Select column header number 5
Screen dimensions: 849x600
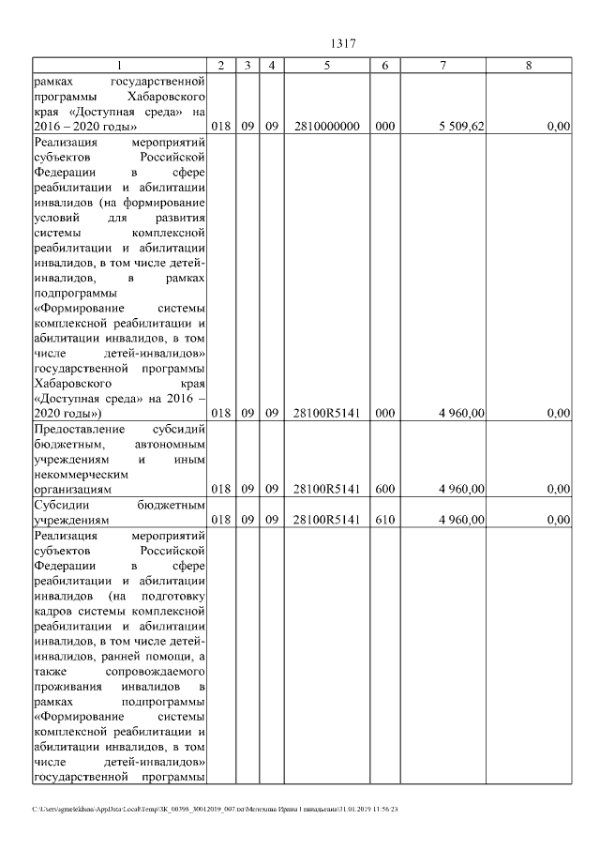pyautogui.click(x=326, y=66)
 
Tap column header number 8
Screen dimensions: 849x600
pyautogui.click(x=530, y=66)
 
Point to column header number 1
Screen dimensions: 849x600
pyautogui.click(x=119, y=66)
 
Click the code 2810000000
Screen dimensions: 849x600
pyautogui.click(x=326, y=127)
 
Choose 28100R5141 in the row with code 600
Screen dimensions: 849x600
pyautogui.click(x=326, y=489)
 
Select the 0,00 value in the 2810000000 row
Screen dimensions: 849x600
pyautogui.click(x=559, y=127)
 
